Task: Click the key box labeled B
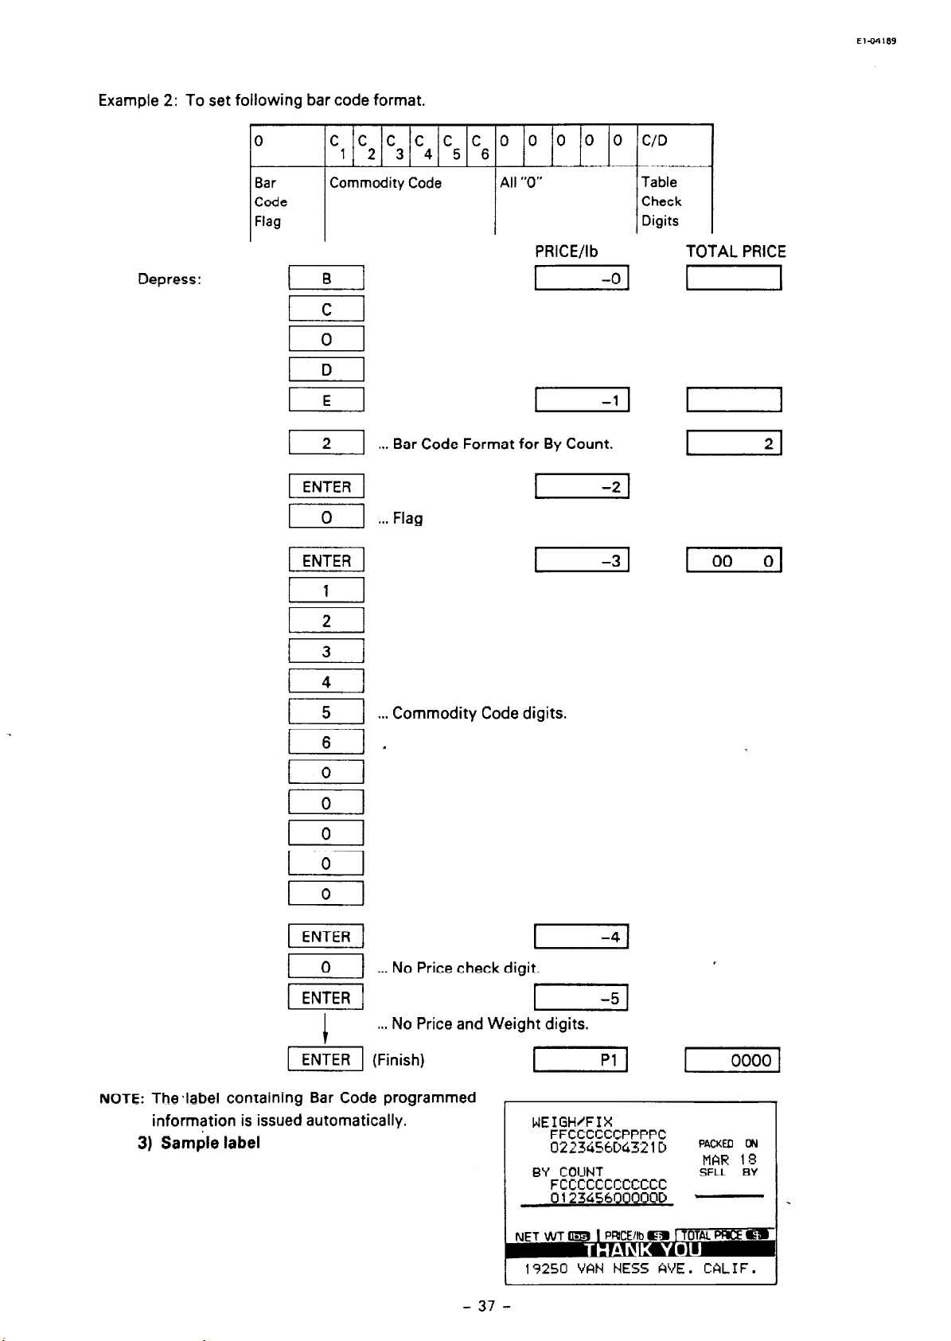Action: (326, 279)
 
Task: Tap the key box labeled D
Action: (326, 370)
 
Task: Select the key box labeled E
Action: (326, 400)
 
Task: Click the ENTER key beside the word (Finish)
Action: (325, 1059)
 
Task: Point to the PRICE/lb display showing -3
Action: (583, 561)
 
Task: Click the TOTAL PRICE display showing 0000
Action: (732, 1060)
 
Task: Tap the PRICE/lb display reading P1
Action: (581, 1060)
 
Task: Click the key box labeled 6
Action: (326, 743)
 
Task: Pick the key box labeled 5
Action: (326, 712)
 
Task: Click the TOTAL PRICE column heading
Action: (735, 251)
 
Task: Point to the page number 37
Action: (485, 1306)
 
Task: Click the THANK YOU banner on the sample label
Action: (641, 1249)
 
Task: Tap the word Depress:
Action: (170, 279)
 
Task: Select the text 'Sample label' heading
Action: (210, 1143)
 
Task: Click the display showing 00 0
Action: (734, 561)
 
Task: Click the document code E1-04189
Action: (877, 41)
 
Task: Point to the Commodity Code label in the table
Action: (385, 183)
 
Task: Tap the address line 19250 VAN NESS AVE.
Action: (640, 1269)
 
